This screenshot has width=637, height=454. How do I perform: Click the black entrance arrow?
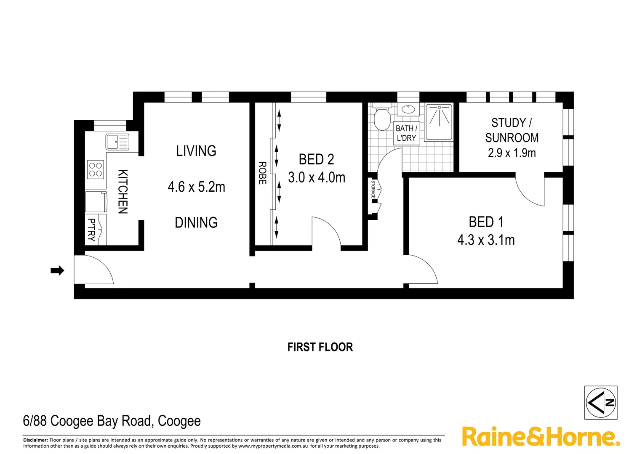tap(57, 270)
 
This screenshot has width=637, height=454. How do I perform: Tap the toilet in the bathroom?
tap(382, 119)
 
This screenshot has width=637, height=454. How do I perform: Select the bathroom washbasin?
tap(408, 109)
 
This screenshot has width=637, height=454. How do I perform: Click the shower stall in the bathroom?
tap(439, 122)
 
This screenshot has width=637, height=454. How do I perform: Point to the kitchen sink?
tap(117, 142)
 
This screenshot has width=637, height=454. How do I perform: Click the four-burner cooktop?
tap(96, 169)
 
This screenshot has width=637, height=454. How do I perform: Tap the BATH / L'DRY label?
tap(406, 133)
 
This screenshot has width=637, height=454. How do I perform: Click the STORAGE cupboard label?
tap(373, 190)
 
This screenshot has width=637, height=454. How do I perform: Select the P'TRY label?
tap(91, 230)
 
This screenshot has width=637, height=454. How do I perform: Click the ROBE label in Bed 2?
tap(262, 173)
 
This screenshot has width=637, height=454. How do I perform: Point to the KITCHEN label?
tap(122, 192)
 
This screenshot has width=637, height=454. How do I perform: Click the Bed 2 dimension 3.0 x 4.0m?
tap(317, 177)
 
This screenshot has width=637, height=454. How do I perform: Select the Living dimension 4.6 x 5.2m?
tap(196, 187)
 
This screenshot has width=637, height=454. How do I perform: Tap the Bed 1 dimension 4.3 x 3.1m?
tap(486, 240)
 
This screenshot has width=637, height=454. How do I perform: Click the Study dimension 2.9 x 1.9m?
tap(512, 153)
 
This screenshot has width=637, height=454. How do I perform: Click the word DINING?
tap(196, 222)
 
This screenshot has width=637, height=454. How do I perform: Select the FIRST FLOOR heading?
tap(320, 347)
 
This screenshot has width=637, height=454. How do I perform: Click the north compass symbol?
tap(601, 403)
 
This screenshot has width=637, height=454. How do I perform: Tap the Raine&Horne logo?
tap(541, 437)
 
